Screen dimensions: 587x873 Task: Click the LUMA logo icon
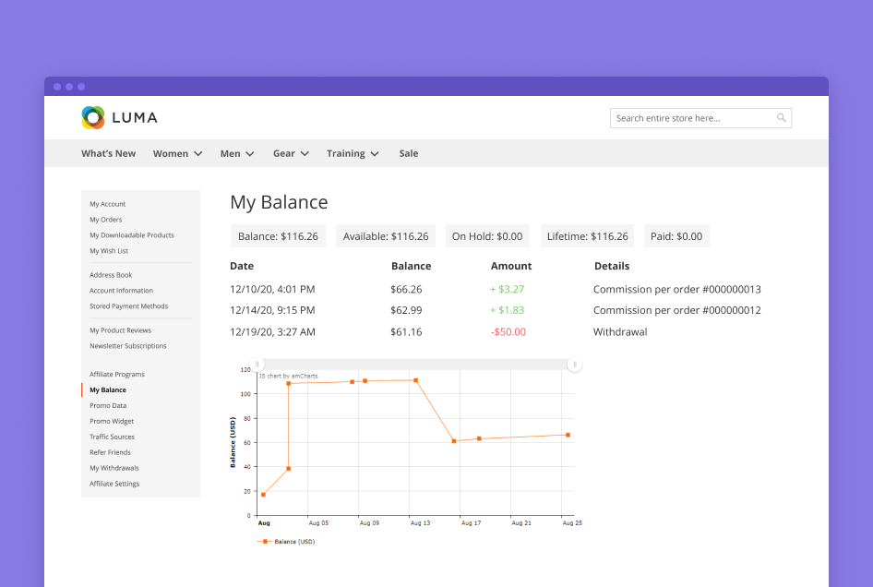coord(93,117)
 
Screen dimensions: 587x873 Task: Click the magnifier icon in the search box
coord(781,118)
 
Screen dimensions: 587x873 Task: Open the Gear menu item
coord(291,153)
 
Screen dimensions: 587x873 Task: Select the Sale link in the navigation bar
coord(408,153)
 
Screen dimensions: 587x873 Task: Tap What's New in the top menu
coord(108,153)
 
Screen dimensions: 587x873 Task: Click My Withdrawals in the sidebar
coord(114,468)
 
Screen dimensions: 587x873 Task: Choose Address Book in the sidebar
coord(111,275)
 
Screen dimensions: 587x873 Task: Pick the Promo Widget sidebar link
coord(112,421)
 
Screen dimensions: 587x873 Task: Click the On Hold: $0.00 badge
coord(487,236)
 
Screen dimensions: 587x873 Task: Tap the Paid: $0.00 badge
coord(676,236)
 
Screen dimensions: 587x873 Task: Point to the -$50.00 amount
coord(508,331)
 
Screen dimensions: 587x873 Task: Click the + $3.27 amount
coord(507,289)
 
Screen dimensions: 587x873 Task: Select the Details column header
coord(612,266)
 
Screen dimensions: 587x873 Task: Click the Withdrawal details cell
coord(620,331)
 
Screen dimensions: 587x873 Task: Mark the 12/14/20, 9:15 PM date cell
coord(272,310)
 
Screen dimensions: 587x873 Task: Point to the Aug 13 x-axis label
coord(419,523)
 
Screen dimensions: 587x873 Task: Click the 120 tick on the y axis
coord(245,369)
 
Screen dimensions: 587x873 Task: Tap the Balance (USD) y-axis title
coord(233,442)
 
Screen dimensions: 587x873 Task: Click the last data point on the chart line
coord(568,435)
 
